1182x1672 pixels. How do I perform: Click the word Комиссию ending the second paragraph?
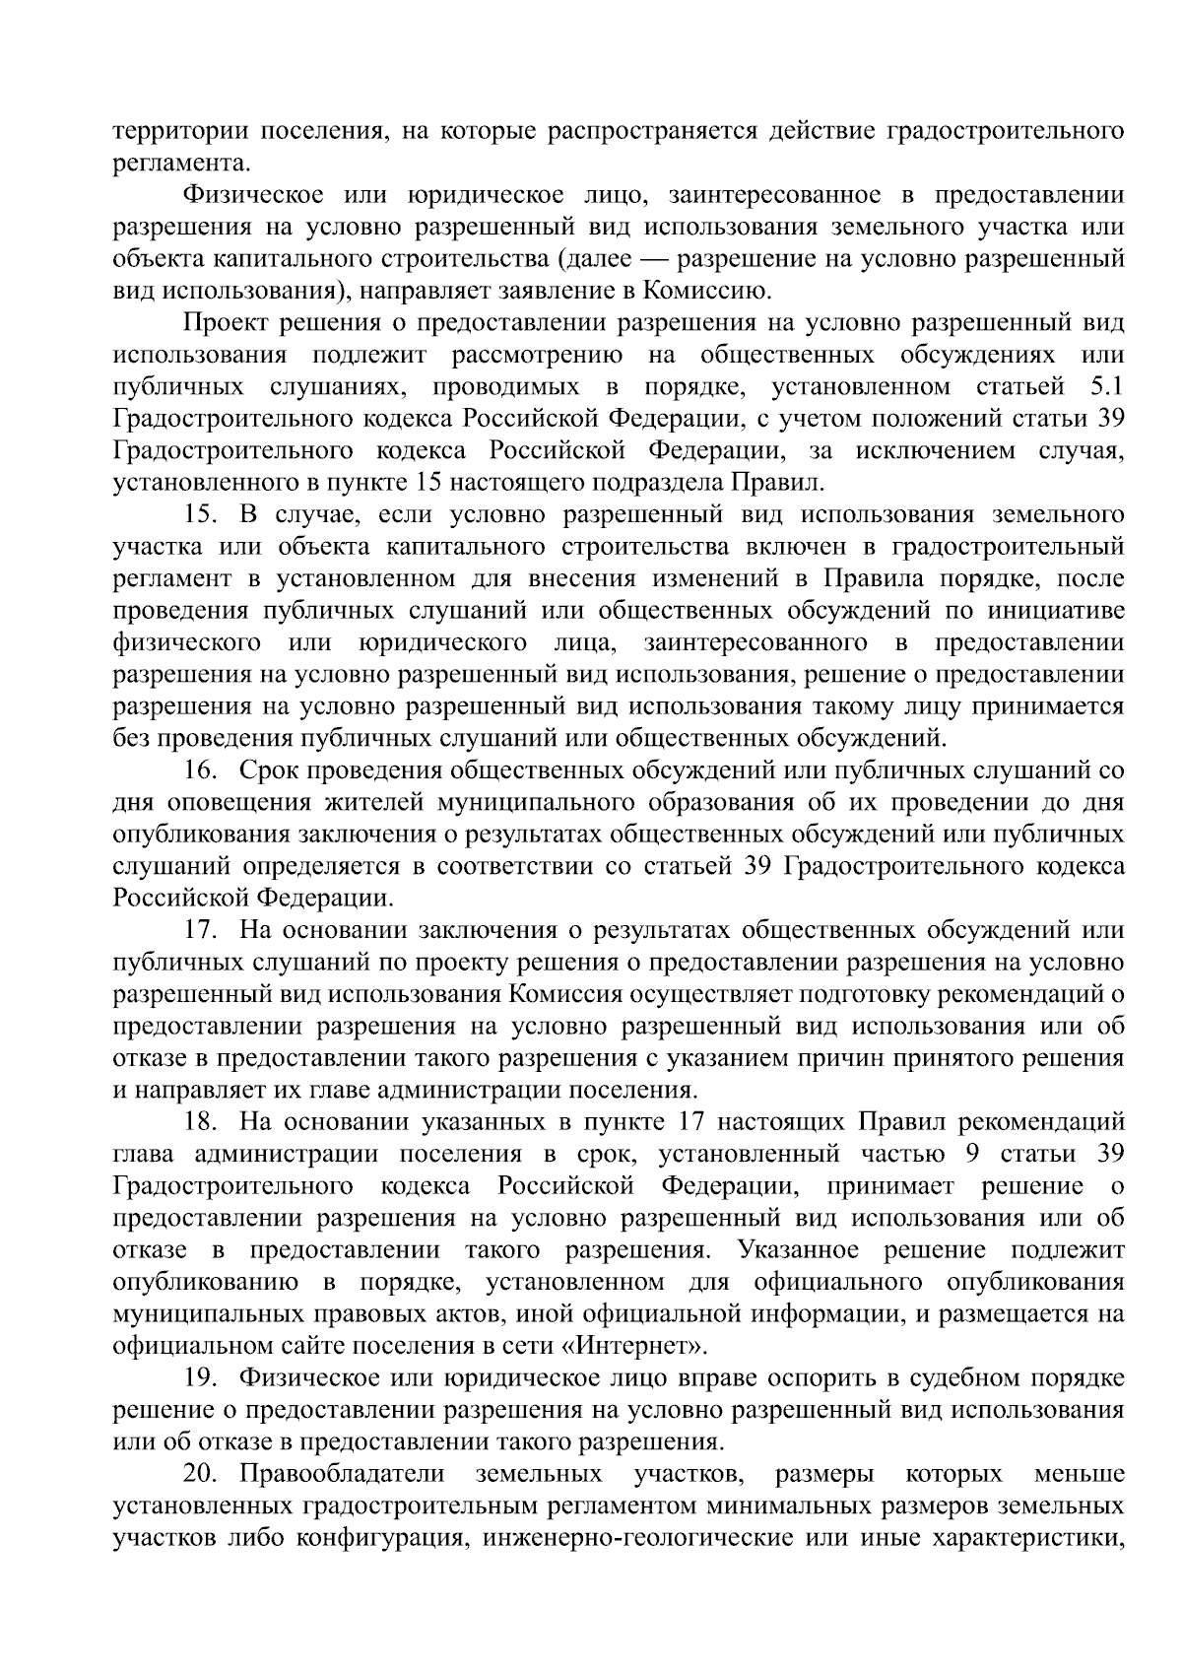[x=702, y=291]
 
